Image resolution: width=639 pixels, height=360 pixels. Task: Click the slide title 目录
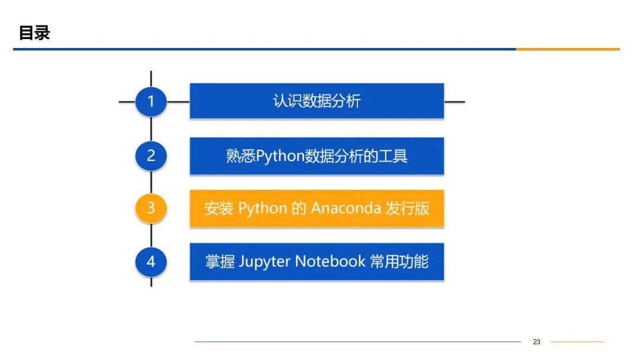pos(34,33)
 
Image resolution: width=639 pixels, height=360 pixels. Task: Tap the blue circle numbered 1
pos(151,101)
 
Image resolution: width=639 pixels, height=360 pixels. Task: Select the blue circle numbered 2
pos(151,156)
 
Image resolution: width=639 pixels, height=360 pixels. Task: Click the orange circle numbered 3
pos(151,208)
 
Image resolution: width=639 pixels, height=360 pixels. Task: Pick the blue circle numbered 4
pos(151,261)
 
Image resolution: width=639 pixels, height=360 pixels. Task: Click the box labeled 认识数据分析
pos(317,101)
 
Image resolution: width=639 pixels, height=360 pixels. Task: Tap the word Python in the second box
pos(280,156)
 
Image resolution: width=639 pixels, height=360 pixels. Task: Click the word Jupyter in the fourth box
pos(264,262)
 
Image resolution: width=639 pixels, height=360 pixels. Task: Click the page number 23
pos(537,342)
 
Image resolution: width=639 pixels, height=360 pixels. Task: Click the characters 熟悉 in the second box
pos(241,156)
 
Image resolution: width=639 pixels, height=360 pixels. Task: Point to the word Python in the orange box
pos(262,208)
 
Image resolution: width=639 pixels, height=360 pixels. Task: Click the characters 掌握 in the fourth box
pos(220,262)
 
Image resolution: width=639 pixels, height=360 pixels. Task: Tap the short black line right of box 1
pos(454,101)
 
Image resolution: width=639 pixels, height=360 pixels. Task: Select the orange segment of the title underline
pos(567,49)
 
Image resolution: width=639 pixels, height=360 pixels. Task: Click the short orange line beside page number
pos(577,342)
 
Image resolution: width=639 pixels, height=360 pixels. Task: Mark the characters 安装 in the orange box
pos(219,208)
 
